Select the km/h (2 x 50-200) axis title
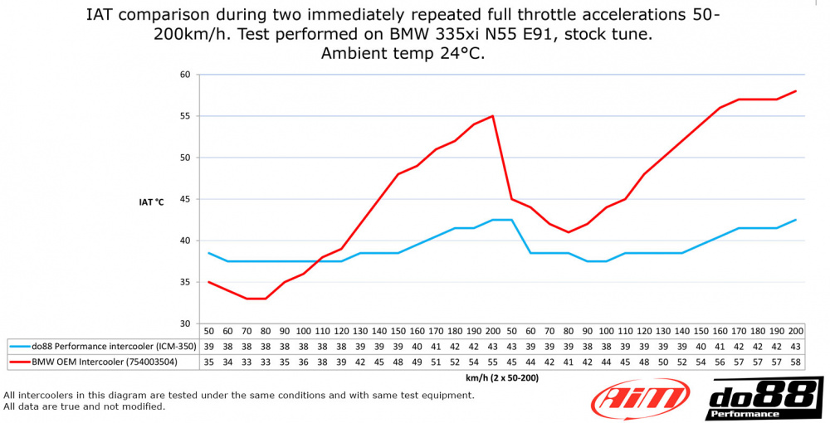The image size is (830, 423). (502, 377)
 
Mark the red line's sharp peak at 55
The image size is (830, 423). (493, 116)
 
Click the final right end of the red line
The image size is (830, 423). (796, 91)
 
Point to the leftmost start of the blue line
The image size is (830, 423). (207, 253)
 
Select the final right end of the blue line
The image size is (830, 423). (796, 220)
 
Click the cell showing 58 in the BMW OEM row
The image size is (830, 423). (796, 362)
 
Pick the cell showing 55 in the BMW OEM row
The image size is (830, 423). (493, 362)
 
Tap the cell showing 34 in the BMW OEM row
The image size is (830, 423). (227, 362)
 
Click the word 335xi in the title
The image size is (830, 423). (462, 35)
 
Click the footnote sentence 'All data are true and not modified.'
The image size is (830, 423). (85, 406)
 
